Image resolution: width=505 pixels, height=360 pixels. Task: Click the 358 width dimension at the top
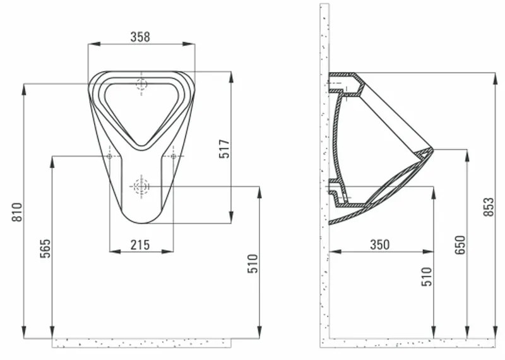(x=140, y=37)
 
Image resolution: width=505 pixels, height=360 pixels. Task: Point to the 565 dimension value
(x=45, y=249)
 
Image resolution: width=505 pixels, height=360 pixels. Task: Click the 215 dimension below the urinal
(x=140, y=244)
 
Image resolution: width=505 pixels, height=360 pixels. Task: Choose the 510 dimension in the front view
(x=252, y=265)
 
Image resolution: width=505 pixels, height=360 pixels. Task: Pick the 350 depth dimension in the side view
(x=379, y=244)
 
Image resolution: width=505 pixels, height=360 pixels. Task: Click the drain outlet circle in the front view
(x=140, y=186)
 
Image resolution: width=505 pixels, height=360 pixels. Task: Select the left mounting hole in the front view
(x=110, y=156)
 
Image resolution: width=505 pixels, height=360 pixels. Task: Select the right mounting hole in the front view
(x=173, y=156)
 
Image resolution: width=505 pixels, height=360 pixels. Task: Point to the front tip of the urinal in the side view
(x=432, y=150)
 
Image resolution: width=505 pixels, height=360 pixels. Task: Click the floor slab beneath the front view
(x=140, y=342)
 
